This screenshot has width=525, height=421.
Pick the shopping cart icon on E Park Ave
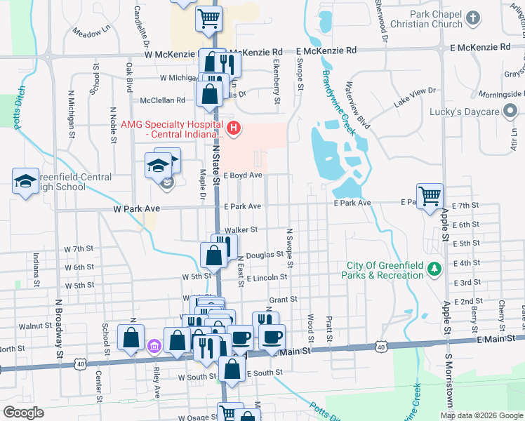click(x=430, y=195)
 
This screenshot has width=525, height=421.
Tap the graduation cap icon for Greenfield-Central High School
click(x=25, y=181)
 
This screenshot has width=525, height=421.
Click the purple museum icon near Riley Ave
click(x=155, y=346)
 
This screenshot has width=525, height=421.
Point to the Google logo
click(x=24, y=413)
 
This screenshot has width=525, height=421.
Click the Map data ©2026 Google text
click(x=481, y=415)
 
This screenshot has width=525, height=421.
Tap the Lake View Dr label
click(x=415, y=97)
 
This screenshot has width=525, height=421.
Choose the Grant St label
click(x=284, y=299)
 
